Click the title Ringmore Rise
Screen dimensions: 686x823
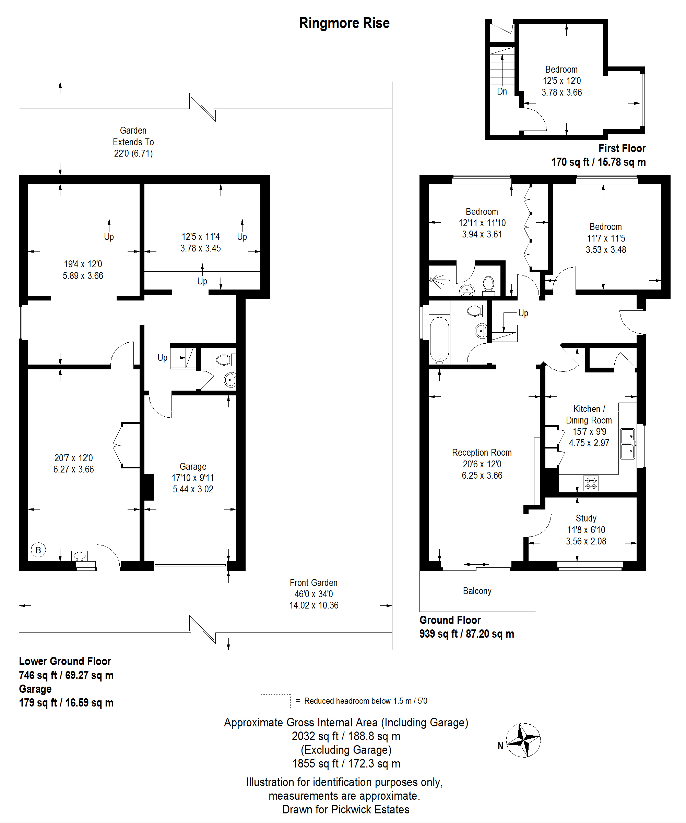tap(344, 23)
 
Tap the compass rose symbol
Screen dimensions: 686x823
tap(523, 740)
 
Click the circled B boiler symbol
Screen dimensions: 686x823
tap(38, 550)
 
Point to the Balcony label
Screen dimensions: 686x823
tap(477, 591)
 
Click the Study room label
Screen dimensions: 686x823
tap(586, 518)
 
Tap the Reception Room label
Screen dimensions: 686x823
tap(482, 453)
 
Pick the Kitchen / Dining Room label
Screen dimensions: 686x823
tap(589, 415)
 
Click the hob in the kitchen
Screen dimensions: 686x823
tap(591, 483)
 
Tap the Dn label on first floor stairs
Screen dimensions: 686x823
tap(502, 91)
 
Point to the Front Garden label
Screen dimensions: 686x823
tap(314, 583)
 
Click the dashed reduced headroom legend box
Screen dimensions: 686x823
tap(275, 701)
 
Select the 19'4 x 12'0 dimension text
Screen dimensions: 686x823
tap(83, 264)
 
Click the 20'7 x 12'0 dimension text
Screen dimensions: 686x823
tap(73, 458)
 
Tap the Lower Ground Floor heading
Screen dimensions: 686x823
tap(65, 661)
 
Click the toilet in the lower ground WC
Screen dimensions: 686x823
tap(226, 359)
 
